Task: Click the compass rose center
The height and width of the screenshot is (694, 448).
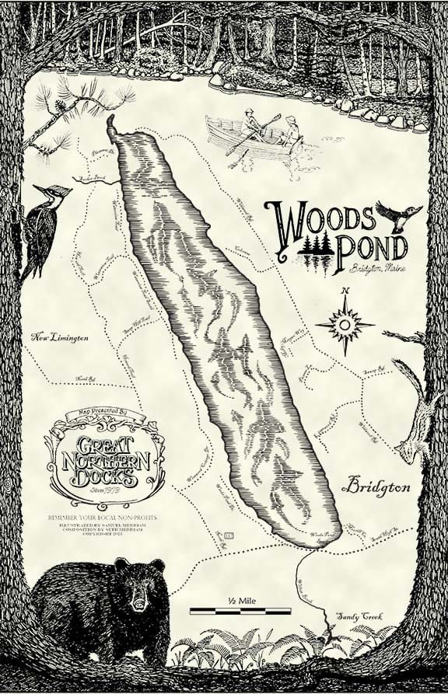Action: (345, 322)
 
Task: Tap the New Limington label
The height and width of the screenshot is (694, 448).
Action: (60, 337)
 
